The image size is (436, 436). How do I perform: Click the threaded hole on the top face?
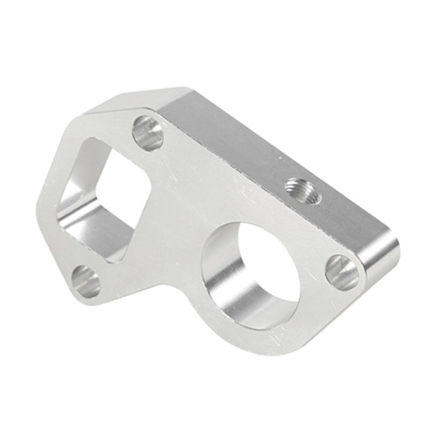pyautogui.click(x=303, y=191)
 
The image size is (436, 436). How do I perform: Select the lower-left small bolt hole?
pyautogui.click(x=86, y=281)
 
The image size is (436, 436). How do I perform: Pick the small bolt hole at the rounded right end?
pyautogui.click(x=342, y=272)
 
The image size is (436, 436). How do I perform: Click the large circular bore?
pyautogui.click(x=251, y=275)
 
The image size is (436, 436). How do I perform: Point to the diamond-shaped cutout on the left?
pyautogui.click(x=104, y=200)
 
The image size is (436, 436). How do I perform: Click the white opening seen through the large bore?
pyautogui.click(x=272, y=264)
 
